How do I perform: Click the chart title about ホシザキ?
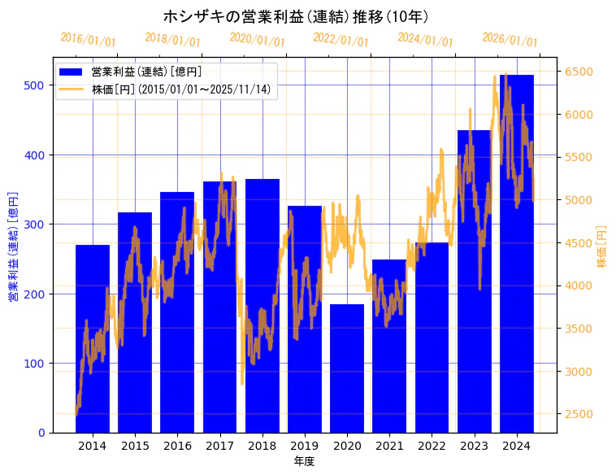(296, 16)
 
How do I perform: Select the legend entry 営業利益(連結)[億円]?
(146, 72)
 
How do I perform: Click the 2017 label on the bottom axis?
(219, 446)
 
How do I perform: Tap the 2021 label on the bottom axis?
(389, 446)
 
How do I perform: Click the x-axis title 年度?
(305, 461)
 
